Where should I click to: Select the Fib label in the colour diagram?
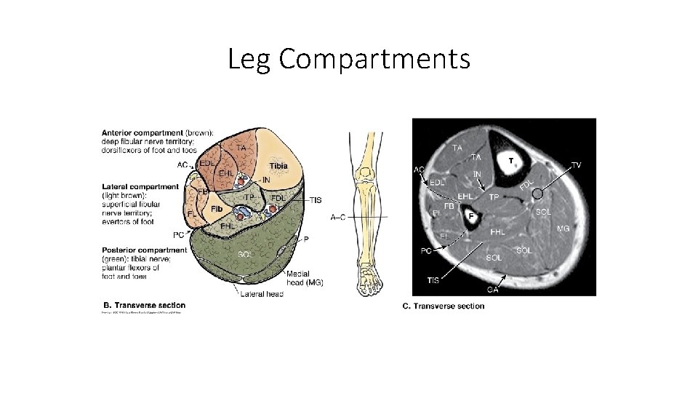pyautogui.click(x=217, y=209)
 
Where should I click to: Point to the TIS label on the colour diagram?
pyautogui.click(x=315, y=200)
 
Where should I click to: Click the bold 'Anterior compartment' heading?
pyautogui.click(x=136, y=132)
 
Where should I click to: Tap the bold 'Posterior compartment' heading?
pyautogui.click(x=143, y=250)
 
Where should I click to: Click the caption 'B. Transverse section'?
pyautogui.click(x=144, y=305)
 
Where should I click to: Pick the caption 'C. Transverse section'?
pyautogui.click(x=443, y=306)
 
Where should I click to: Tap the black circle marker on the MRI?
pyautogui.click(x=537, y=194)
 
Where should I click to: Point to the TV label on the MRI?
pyautogui.click(x=576, y=165)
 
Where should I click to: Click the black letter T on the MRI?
pyautogui.click(x=511, y=159)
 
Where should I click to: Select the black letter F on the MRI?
pyautogui.click(x=471, y=216)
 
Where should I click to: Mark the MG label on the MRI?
pyautogui.click(x=562, y=229)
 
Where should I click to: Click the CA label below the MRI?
pyautogui.click(x=493, y=290)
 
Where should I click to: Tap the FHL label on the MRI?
pyautogui.click(x=498, y=232)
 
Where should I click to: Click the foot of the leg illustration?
pyautogui.click(x=368, y=280)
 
